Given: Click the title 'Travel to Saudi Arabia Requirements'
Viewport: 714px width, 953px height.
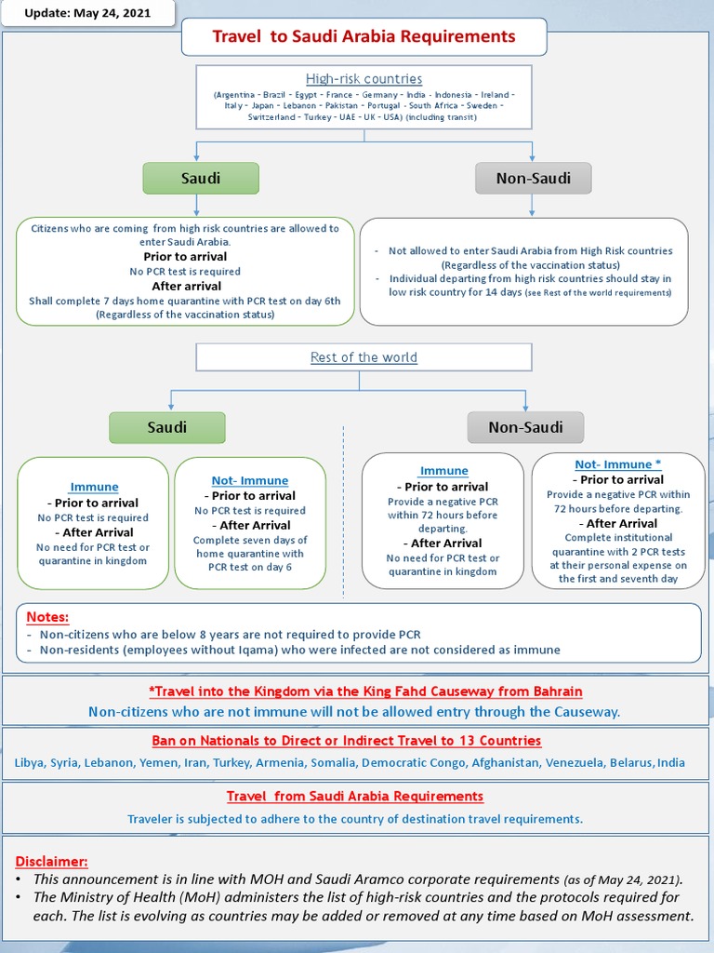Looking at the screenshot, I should click(x=364, y=37).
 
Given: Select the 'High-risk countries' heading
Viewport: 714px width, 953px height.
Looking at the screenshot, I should click(x=364, y=79).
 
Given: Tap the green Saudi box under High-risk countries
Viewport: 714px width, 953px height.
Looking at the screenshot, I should click(x=200, y=178).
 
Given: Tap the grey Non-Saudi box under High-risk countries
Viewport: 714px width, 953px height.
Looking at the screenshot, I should click(x=533, y=178).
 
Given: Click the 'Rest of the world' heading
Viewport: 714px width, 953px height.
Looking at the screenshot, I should click(x=364, y=357).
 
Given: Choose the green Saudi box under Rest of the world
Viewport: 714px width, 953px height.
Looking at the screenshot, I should click(x=167, y=427).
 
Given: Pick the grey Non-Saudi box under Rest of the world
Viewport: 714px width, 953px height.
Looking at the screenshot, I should click(x=526, y=427).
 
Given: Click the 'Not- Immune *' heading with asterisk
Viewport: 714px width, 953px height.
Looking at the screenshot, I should click(x=617, y=464).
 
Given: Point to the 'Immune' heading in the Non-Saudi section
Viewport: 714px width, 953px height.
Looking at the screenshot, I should click(x=443, y=471).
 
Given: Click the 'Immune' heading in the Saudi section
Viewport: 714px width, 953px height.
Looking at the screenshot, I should click(x=95, y=487).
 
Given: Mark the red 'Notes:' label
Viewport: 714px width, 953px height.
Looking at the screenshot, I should click(x=47, y=617).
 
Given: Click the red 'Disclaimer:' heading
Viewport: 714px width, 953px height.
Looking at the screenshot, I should click(x=52, y=861).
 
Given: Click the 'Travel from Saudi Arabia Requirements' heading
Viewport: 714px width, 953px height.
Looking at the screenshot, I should click(x=355, y=797).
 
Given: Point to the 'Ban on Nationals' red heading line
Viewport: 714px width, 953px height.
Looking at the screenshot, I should click(x=346, y=741).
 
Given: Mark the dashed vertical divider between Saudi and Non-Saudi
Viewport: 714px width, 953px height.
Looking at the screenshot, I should click(x=343, y=512).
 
